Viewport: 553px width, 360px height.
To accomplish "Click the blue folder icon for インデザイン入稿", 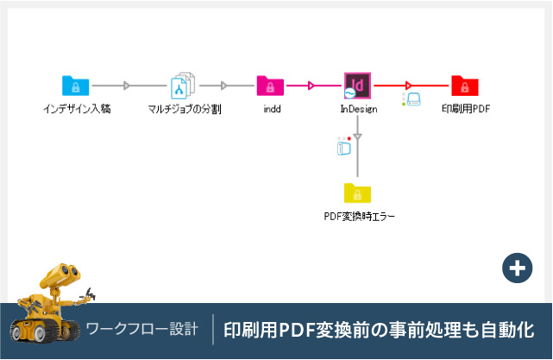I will click(76, 85).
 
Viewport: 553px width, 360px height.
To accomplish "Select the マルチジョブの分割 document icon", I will click(184, 85).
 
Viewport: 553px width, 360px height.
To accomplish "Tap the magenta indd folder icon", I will click(270, 85).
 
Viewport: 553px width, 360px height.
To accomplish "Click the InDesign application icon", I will click(357, 85).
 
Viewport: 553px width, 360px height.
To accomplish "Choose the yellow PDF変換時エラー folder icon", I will click(357, 192).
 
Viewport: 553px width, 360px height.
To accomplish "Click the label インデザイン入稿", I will click(77, 110).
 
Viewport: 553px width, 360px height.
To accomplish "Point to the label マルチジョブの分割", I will click(185, 110).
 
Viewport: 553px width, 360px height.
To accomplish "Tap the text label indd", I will click(271, 110).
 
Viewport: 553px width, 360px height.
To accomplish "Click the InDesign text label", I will click(357, 110).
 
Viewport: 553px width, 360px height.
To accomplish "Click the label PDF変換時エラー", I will click(358, 216).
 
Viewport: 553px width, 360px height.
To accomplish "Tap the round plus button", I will click(516, 268).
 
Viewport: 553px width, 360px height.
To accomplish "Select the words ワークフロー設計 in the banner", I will click(142, 330).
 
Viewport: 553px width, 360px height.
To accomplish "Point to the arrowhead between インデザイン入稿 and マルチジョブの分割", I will click(128, 85).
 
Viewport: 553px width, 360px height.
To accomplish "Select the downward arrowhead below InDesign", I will click(357, 136).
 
